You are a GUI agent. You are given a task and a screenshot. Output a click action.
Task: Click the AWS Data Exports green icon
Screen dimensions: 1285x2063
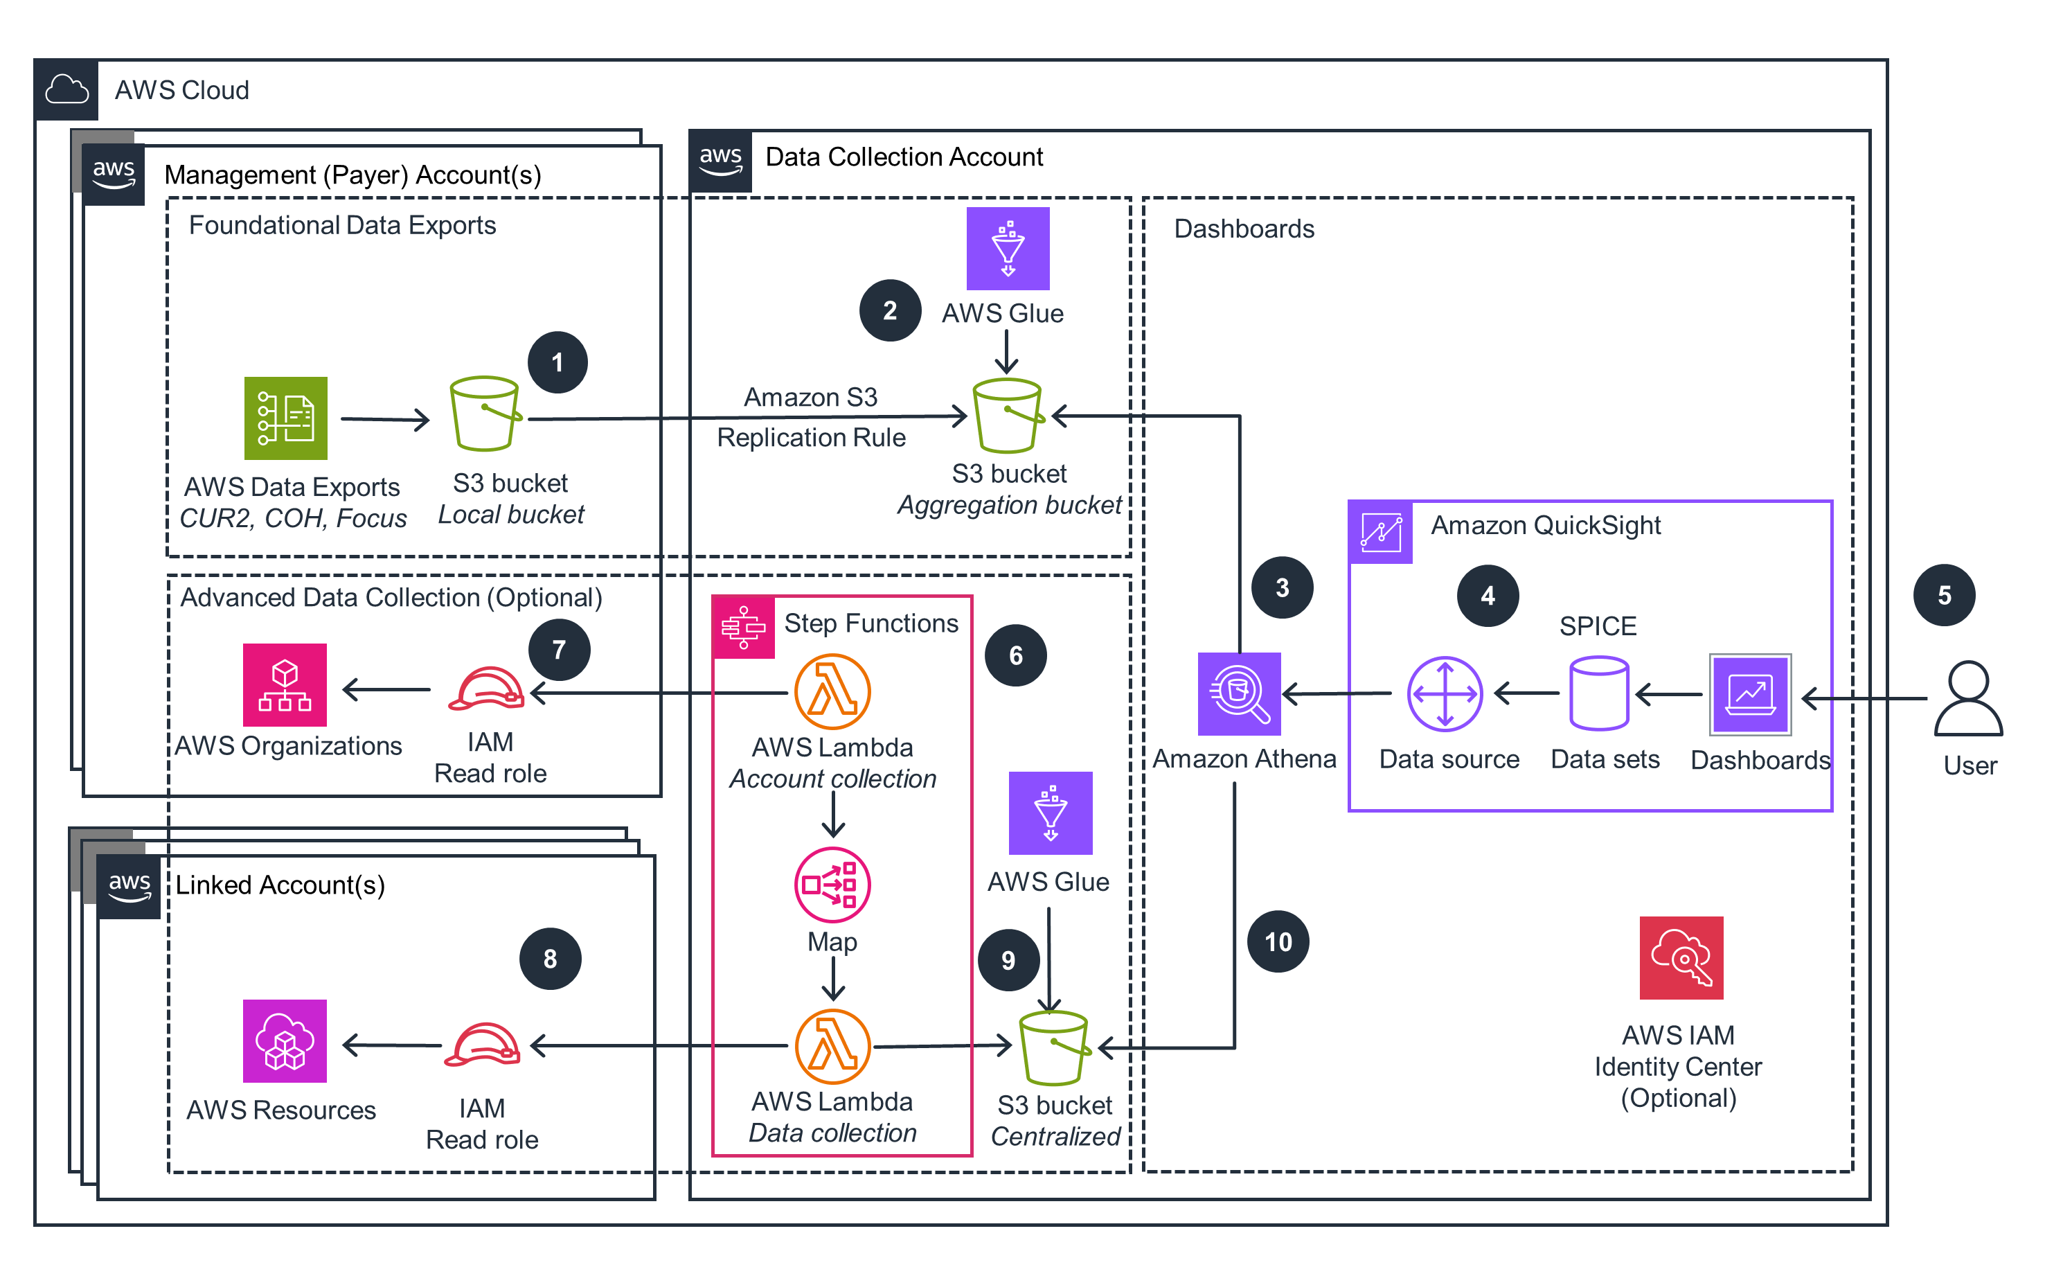pos(285,418)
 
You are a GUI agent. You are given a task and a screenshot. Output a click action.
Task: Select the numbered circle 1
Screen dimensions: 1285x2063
pos(557,363)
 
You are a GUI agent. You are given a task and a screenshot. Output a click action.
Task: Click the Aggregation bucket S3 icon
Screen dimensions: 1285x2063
pos(1008,416)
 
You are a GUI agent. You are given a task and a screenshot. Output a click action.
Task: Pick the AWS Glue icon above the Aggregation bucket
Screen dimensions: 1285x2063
pos(1008,248)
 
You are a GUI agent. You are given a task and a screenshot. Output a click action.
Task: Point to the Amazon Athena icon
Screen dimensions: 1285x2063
pos(1239,693)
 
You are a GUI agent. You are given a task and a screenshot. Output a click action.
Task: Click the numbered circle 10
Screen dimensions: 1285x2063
pos(1278,941)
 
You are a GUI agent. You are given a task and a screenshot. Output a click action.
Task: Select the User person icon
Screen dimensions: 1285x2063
pos(1968,698)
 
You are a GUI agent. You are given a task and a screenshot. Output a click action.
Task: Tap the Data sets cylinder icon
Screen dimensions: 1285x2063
pos(1598,693)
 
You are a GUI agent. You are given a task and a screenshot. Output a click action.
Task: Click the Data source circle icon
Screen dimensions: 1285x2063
pos(1445,693)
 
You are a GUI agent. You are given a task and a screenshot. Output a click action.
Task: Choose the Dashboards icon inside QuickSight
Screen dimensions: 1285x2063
pos(1750,694)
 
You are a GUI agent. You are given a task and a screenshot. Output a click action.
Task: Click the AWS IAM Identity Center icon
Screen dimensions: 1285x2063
pos(1681,958)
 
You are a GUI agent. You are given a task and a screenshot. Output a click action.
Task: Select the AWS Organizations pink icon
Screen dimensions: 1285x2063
pos(285,685)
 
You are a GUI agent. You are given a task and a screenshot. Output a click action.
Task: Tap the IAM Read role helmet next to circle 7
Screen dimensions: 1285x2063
pos(486,689)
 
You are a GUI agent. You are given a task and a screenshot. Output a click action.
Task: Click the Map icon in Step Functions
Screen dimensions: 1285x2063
pos(832,885)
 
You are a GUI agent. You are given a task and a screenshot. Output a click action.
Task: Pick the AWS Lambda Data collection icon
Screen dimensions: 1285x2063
pos(832,1046)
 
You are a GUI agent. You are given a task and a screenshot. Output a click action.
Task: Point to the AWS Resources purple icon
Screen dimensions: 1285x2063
pos(285,1041)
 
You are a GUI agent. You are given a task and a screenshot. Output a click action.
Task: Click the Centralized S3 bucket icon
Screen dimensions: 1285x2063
pos(1053,1048)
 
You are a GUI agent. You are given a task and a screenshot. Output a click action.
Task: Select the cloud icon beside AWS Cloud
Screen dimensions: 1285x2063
pos(66,89)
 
